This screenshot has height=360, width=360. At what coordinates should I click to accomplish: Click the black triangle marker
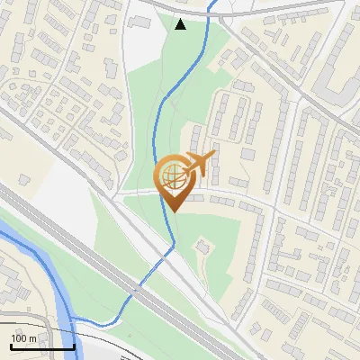(x=181, y=24)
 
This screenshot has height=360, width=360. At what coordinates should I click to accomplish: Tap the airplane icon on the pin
(x=199, y=164)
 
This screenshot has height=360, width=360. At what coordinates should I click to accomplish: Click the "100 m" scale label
(x=24, y=337)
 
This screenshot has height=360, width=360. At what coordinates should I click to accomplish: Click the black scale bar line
(x=42, y=346)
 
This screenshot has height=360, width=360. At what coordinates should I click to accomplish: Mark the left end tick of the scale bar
(x=12, y=345)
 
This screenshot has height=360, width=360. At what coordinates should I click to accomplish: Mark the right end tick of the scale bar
(x=74, y=345)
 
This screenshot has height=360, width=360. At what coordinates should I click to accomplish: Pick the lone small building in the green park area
(x=203, y=244)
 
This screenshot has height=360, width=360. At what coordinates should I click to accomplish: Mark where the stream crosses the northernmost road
(x=211, y=11)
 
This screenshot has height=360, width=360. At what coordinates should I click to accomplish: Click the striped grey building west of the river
(x=18, y=279)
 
